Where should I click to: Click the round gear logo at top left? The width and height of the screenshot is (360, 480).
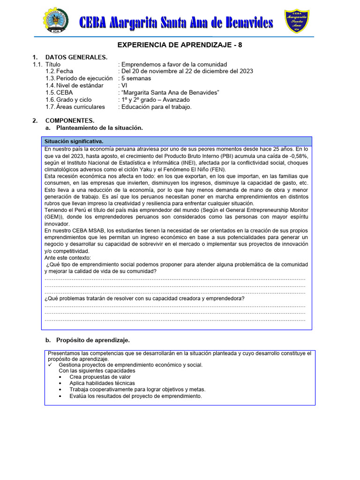(x=56, y=21)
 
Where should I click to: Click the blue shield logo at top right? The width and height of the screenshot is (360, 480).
(x=297, y=21)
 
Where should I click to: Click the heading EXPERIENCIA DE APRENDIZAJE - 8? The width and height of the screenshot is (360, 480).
(x=180, y=45)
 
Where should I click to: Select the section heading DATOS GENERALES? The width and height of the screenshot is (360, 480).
(x=76, y=57)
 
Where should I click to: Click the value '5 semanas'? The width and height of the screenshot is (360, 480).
(x=136, y=78)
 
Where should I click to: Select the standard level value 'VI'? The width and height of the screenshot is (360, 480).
(x=124, y=85)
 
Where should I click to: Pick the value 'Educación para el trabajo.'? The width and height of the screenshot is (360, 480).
(x=157, y=107)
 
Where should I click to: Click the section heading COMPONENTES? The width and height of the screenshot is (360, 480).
(x=70, y=120)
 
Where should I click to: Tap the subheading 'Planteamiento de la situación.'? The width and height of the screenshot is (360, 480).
(x=99, y=127)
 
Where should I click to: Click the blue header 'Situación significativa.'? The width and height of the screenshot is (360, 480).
(x=74, y=141)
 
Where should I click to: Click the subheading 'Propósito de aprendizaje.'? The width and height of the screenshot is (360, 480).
(x=93, y=340)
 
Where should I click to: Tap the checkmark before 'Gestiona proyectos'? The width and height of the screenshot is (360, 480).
(x=50, y=365)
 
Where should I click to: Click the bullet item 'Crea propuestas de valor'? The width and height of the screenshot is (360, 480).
(x=100, y=377)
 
